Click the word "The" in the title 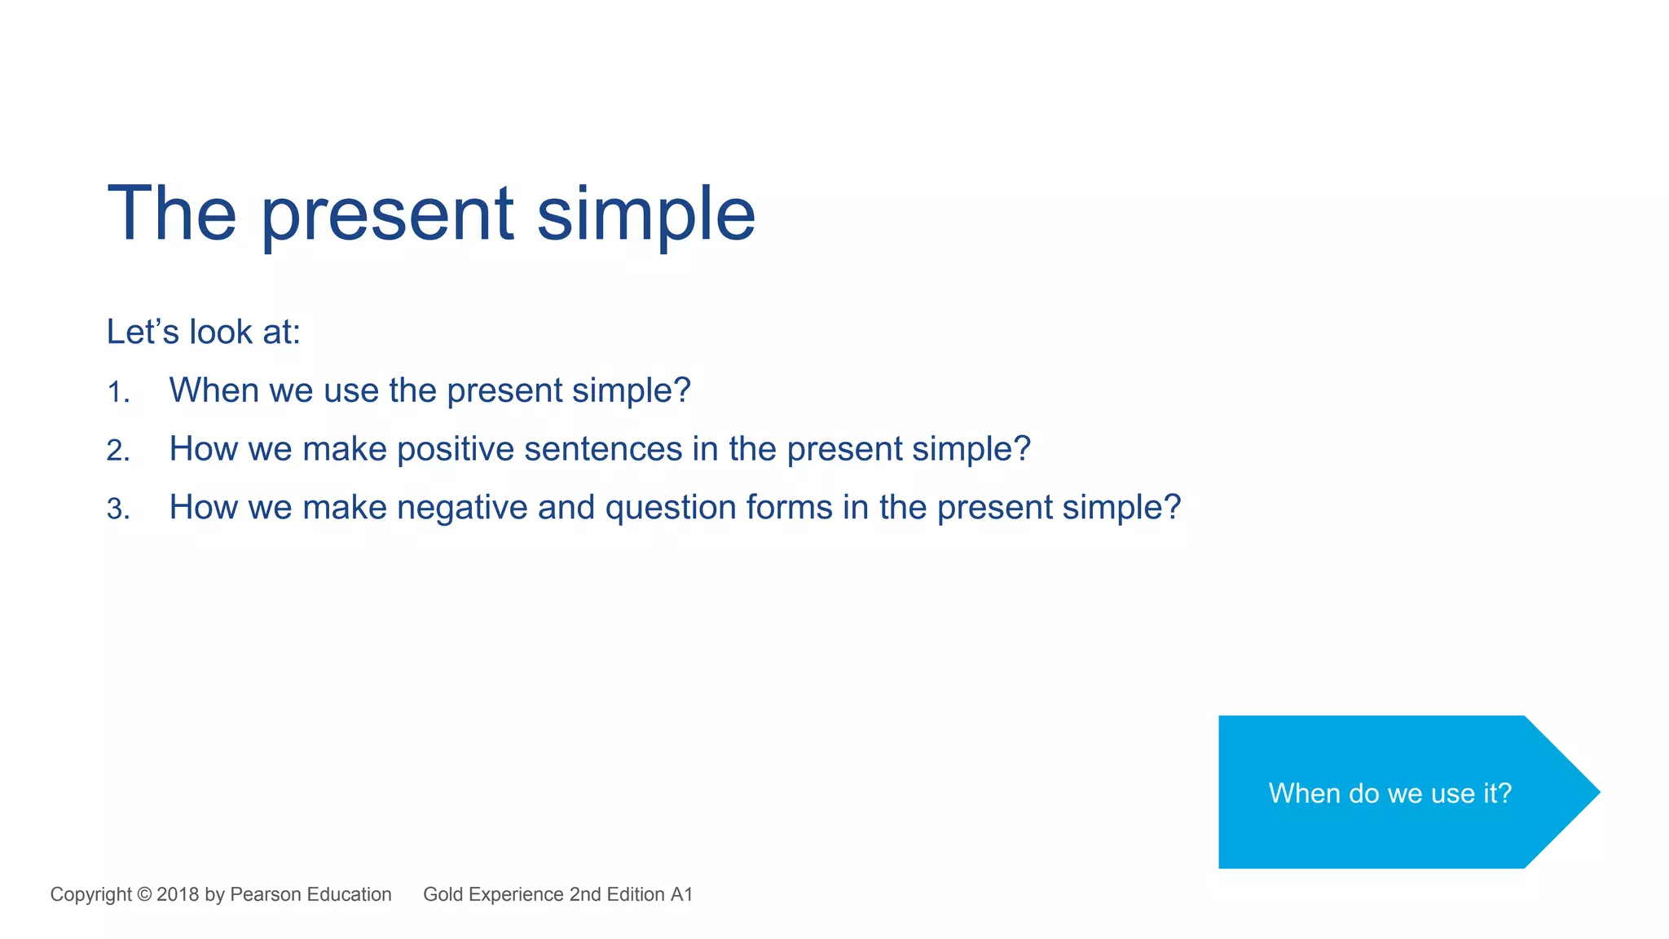(x=172, y=214)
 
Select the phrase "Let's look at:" (x=204, y=332)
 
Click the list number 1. (x=117, y=392)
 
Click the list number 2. (x=117, y=451)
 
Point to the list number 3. (x=117, y=509)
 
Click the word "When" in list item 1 (x=214, y=390)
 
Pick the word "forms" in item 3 (x=789, y=508)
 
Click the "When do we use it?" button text (x=1389, y=793)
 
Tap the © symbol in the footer (x=144, y=894)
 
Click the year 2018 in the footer (x=178, y=894)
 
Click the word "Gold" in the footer (x=443, y=894)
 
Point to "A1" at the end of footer (x=681, y=894)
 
